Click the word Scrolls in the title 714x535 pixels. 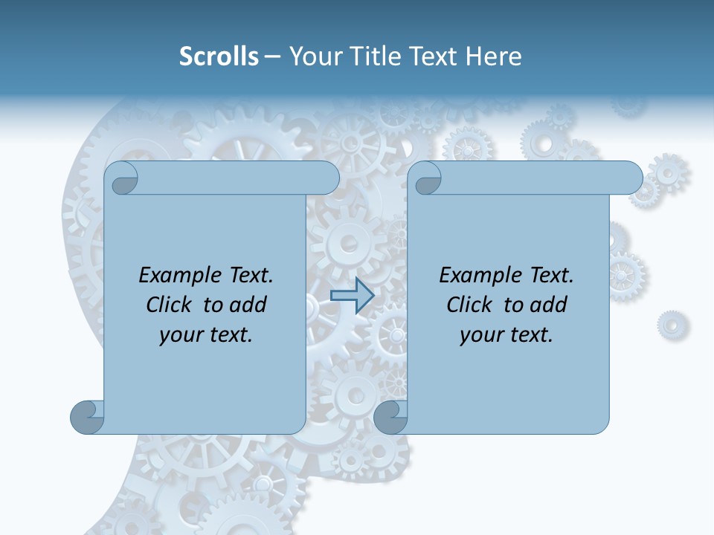(x=219, y=56)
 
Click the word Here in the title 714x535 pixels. (x=493, y=56)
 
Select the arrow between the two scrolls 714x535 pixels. (x=352, y=295)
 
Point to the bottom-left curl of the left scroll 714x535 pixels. (x=87, y=417)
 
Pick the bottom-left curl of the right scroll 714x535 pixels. (x=390, y=417)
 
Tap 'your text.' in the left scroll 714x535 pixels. (x=206, y=335)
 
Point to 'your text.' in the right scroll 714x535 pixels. (x=506, y=335)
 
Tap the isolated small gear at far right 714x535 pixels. (x=672, y=325)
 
